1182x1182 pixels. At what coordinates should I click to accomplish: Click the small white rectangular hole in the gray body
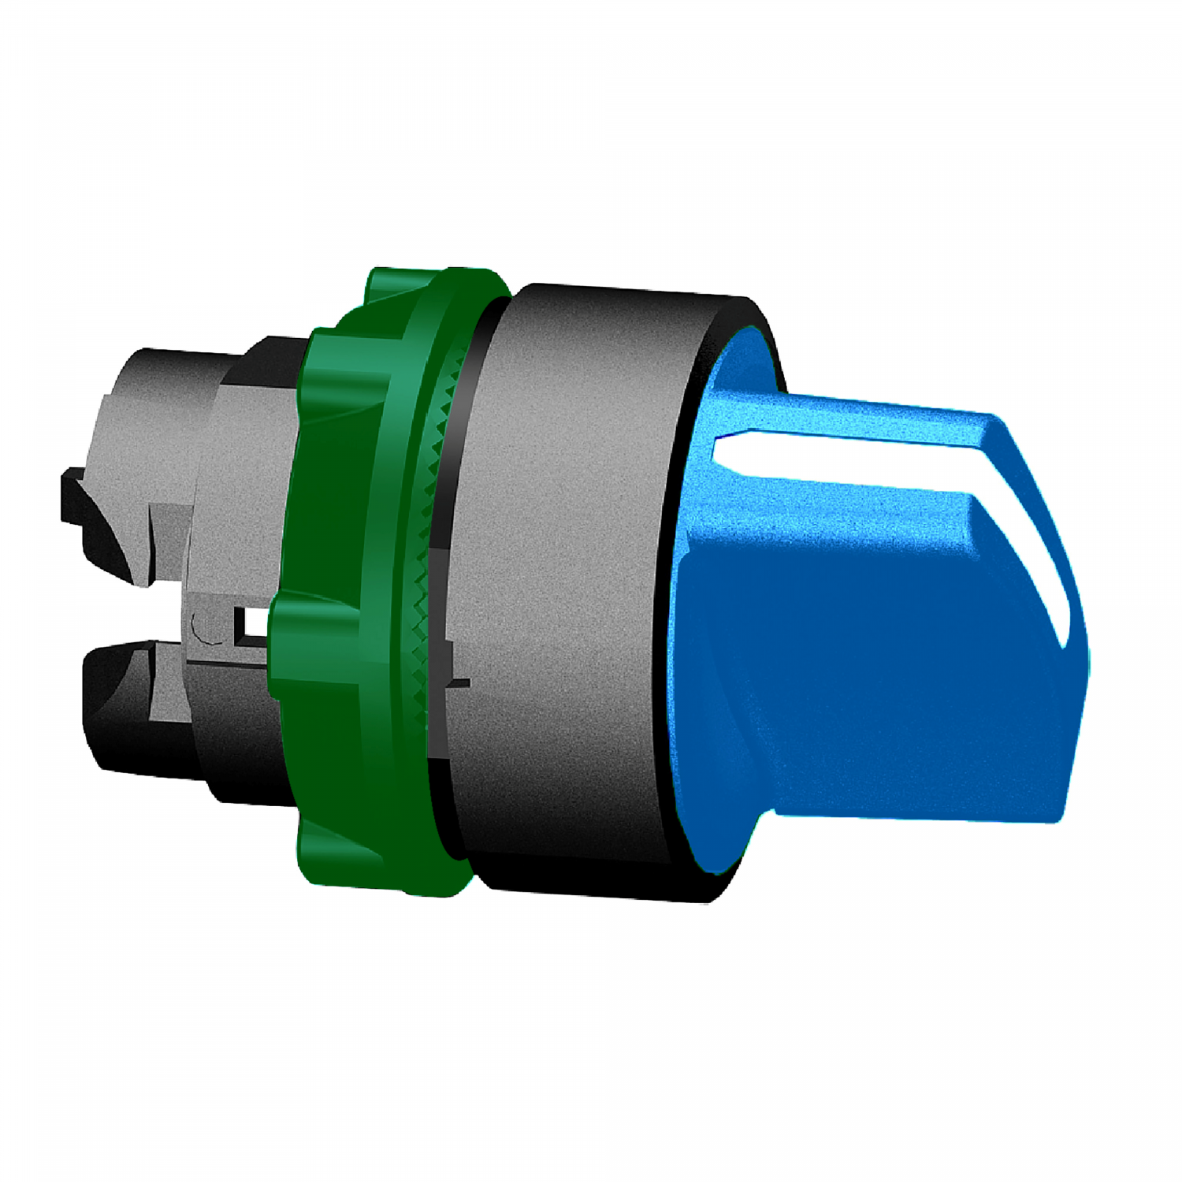coord(255,625)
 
